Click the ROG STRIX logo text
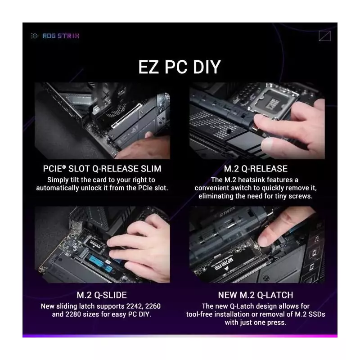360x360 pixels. click(61, 36)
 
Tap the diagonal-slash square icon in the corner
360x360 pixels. click(324, 36)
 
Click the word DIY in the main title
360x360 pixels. click(207, 67)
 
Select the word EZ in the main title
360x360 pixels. click(148, 67)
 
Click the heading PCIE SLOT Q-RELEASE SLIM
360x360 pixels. click(102, 169)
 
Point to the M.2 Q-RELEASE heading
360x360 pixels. click(256, 169)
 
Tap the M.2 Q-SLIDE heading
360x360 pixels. click(102, 295)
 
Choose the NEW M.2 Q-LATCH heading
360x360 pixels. click(256, 295)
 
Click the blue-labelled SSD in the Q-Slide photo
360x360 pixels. click(100, 262)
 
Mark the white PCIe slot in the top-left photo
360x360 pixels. click(127, 116)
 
